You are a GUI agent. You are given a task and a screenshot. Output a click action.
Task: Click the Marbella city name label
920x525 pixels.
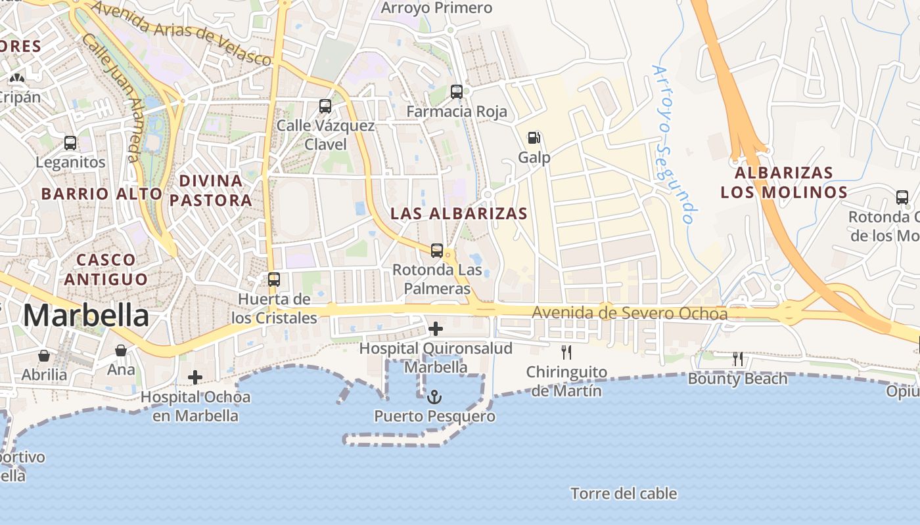[x=86, y=316]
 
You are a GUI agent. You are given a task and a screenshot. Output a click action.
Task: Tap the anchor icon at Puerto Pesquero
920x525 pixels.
[x=434, y=397]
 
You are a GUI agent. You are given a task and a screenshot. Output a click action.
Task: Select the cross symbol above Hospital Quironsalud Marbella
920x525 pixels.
[x=435, y=328]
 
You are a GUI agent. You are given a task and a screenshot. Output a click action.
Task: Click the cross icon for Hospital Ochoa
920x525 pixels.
[x=195, y=377]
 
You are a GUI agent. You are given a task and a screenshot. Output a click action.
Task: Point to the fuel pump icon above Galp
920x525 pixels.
[x=534, y=138]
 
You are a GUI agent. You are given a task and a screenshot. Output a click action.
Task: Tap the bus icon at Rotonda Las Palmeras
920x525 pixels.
[x=437, y=250]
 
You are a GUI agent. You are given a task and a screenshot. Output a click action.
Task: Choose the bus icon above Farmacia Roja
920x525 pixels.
[x=457, y=92]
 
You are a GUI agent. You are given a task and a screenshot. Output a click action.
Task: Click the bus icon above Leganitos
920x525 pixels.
[x=70, y=142]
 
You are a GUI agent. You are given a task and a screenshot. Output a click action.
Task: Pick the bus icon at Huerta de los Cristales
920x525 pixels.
[x=274, y=280]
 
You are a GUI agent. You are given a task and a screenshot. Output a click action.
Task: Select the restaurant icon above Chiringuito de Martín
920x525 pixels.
[x=566, y=352]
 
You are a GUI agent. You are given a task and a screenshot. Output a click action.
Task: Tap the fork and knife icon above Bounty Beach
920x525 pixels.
[x=738, y=359]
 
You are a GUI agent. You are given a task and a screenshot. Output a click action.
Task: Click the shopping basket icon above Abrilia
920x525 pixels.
[x=44, y=356]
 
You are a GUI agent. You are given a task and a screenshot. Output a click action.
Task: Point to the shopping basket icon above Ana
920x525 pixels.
[x=121, y=350]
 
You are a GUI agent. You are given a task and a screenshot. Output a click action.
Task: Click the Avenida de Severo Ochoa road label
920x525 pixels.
[x=630, y=314]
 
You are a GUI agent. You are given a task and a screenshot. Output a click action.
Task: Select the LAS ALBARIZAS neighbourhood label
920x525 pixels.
[x=459, y=213]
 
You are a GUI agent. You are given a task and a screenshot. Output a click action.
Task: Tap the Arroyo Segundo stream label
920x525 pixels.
[x=674, y=144]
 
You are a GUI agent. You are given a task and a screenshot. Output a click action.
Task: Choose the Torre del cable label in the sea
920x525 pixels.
[x=624, y=493]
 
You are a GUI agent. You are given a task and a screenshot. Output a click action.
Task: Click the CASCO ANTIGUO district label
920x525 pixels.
[x=105, y=269]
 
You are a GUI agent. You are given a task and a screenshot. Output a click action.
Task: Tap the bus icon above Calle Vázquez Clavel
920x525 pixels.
[x=325, y=106]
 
